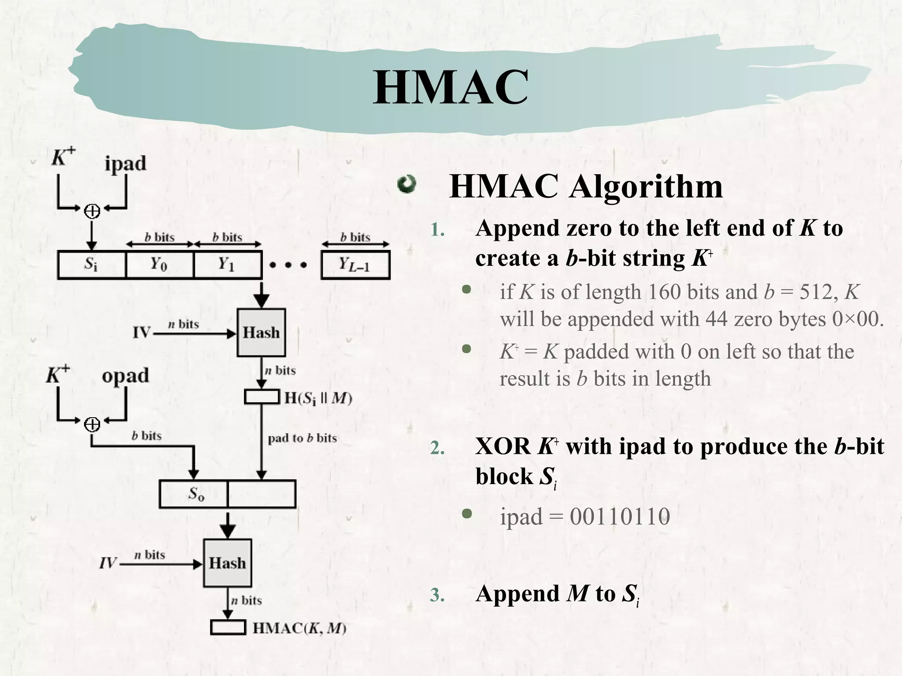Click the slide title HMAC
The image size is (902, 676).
tap(450, 88)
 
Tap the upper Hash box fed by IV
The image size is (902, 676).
tap(261, 333)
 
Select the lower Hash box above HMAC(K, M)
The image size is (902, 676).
tap(227, 563)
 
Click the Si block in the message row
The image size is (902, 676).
tap(91, 265)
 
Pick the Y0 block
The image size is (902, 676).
tap(159, 265)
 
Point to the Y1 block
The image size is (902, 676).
tap(227, 265)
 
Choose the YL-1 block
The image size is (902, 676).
tap(355, 265)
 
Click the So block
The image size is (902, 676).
tap(194, 494)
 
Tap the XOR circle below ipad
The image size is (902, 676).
tap(92, 212)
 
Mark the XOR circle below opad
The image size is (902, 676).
tap(92, 424)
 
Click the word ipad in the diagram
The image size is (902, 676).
tap(126, 164)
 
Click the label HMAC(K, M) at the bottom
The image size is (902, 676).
tap(299, 628)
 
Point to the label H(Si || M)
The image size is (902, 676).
tap(318, 398)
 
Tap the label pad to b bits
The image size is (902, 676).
tap(302, 438)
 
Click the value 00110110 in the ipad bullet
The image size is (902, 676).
tap(620, 516)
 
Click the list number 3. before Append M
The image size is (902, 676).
tap(437, 595)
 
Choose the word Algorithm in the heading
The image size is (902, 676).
tap(646, 187)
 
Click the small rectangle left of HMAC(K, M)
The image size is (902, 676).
tap(228, 627)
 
